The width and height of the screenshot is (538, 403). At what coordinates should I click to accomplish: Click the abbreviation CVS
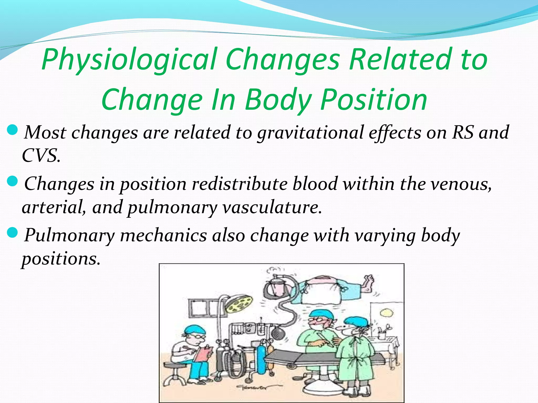[41, 155]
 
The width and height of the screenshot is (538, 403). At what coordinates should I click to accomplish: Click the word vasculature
[272, 207]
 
